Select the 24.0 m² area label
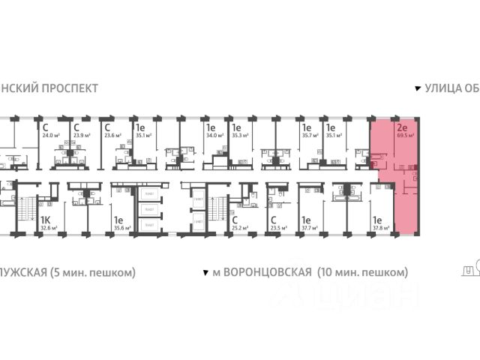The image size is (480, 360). pyautogui.click(x=49, y=136)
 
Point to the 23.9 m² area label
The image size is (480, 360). pyautogui.click(x=82, y=136)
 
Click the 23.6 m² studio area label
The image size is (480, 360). pyautogui.click(x=113, y=136)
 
